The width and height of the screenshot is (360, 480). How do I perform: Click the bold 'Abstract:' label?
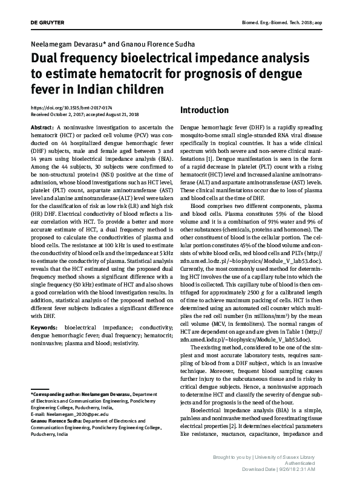click(x=42, y=129)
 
